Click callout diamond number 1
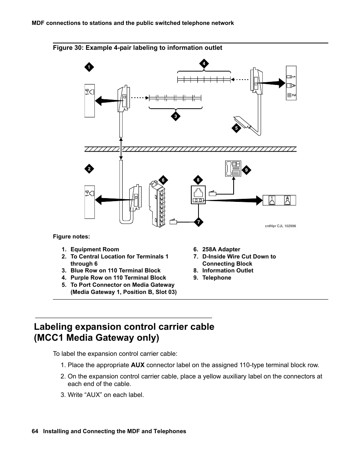(89, 68)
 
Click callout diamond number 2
(89, 169)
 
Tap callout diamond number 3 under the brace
(175, 117)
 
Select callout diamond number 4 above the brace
(204, 63)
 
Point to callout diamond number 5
(236, 128)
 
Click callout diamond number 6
(163, 180)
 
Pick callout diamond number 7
(198, 222)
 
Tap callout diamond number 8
(198, 180)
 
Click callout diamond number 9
(246, 170)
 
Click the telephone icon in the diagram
(232, 168)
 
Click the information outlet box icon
(198, 195)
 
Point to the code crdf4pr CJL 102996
(280, 226)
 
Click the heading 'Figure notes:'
(71, 237)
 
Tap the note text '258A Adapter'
(221, 249)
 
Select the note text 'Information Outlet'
(228, 271)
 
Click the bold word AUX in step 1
(137, 365)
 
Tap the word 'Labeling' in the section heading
(62, 327)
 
